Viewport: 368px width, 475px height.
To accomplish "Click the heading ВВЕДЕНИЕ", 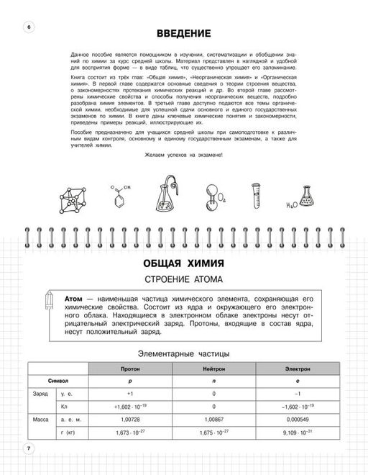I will [x=184, y=34].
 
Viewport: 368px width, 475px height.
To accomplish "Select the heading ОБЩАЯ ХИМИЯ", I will [x=184, y=261].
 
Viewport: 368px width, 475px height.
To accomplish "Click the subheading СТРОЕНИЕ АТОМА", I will [x=184, y=279].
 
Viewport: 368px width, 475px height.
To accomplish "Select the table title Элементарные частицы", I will [x=184, y=353].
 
